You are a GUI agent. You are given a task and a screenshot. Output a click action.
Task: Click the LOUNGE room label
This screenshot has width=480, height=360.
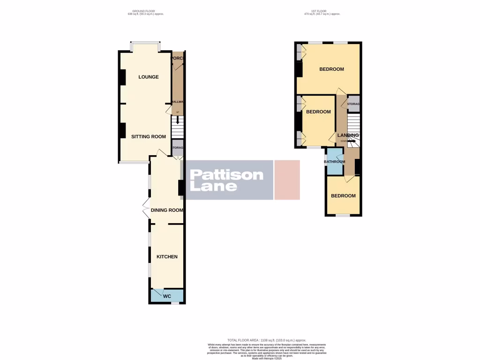coord(148,77)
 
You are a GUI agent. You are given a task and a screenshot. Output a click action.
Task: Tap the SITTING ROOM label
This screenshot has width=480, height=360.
coord(148,137)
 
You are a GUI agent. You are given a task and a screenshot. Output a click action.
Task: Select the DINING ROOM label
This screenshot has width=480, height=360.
coord(166,210)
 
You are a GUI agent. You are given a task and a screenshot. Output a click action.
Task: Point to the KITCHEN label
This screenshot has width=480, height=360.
coord(167,257)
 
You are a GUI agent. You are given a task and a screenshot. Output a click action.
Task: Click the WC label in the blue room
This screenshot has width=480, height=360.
coord(167,296)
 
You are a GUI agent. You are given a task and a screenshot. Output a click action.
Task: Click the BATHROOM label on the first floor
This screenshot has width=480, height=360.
coord(335,162)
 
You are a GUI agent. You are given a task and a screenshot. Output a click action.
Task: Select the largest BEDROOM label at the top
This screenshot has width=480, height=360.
coord(331,69)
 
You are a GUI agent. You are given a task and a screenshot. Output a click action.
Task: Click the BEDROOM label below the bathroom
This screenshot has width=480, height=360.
coord(343,196)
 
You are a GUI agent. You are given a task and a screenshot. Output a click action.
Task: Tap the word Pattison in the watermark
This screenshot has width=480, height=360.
coord(226,175)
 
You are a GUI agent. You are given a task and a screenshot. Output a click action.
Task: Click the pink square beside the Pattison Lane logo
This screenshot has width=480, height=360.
coord(287,180)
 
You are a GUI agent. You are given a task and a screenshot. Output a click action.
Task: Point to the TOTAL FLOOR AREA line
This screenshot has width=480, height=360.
coord(266,340)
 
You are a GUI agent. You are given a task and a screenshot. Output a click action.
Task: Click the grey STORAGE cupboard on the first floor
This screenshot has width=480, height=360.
coord(353,104)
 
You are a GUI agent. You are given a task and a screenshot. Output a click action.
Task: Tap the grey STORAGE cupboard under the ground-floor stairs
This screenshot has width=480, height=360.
coord(177,148)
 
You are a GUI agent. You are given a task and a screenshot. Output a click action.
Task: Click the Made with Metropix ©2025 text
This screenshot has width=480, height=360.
coord(266,359)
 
